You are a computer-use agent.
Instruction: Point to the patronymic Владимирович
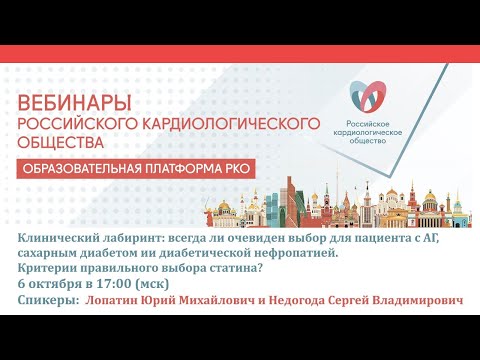pos(420,300)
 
